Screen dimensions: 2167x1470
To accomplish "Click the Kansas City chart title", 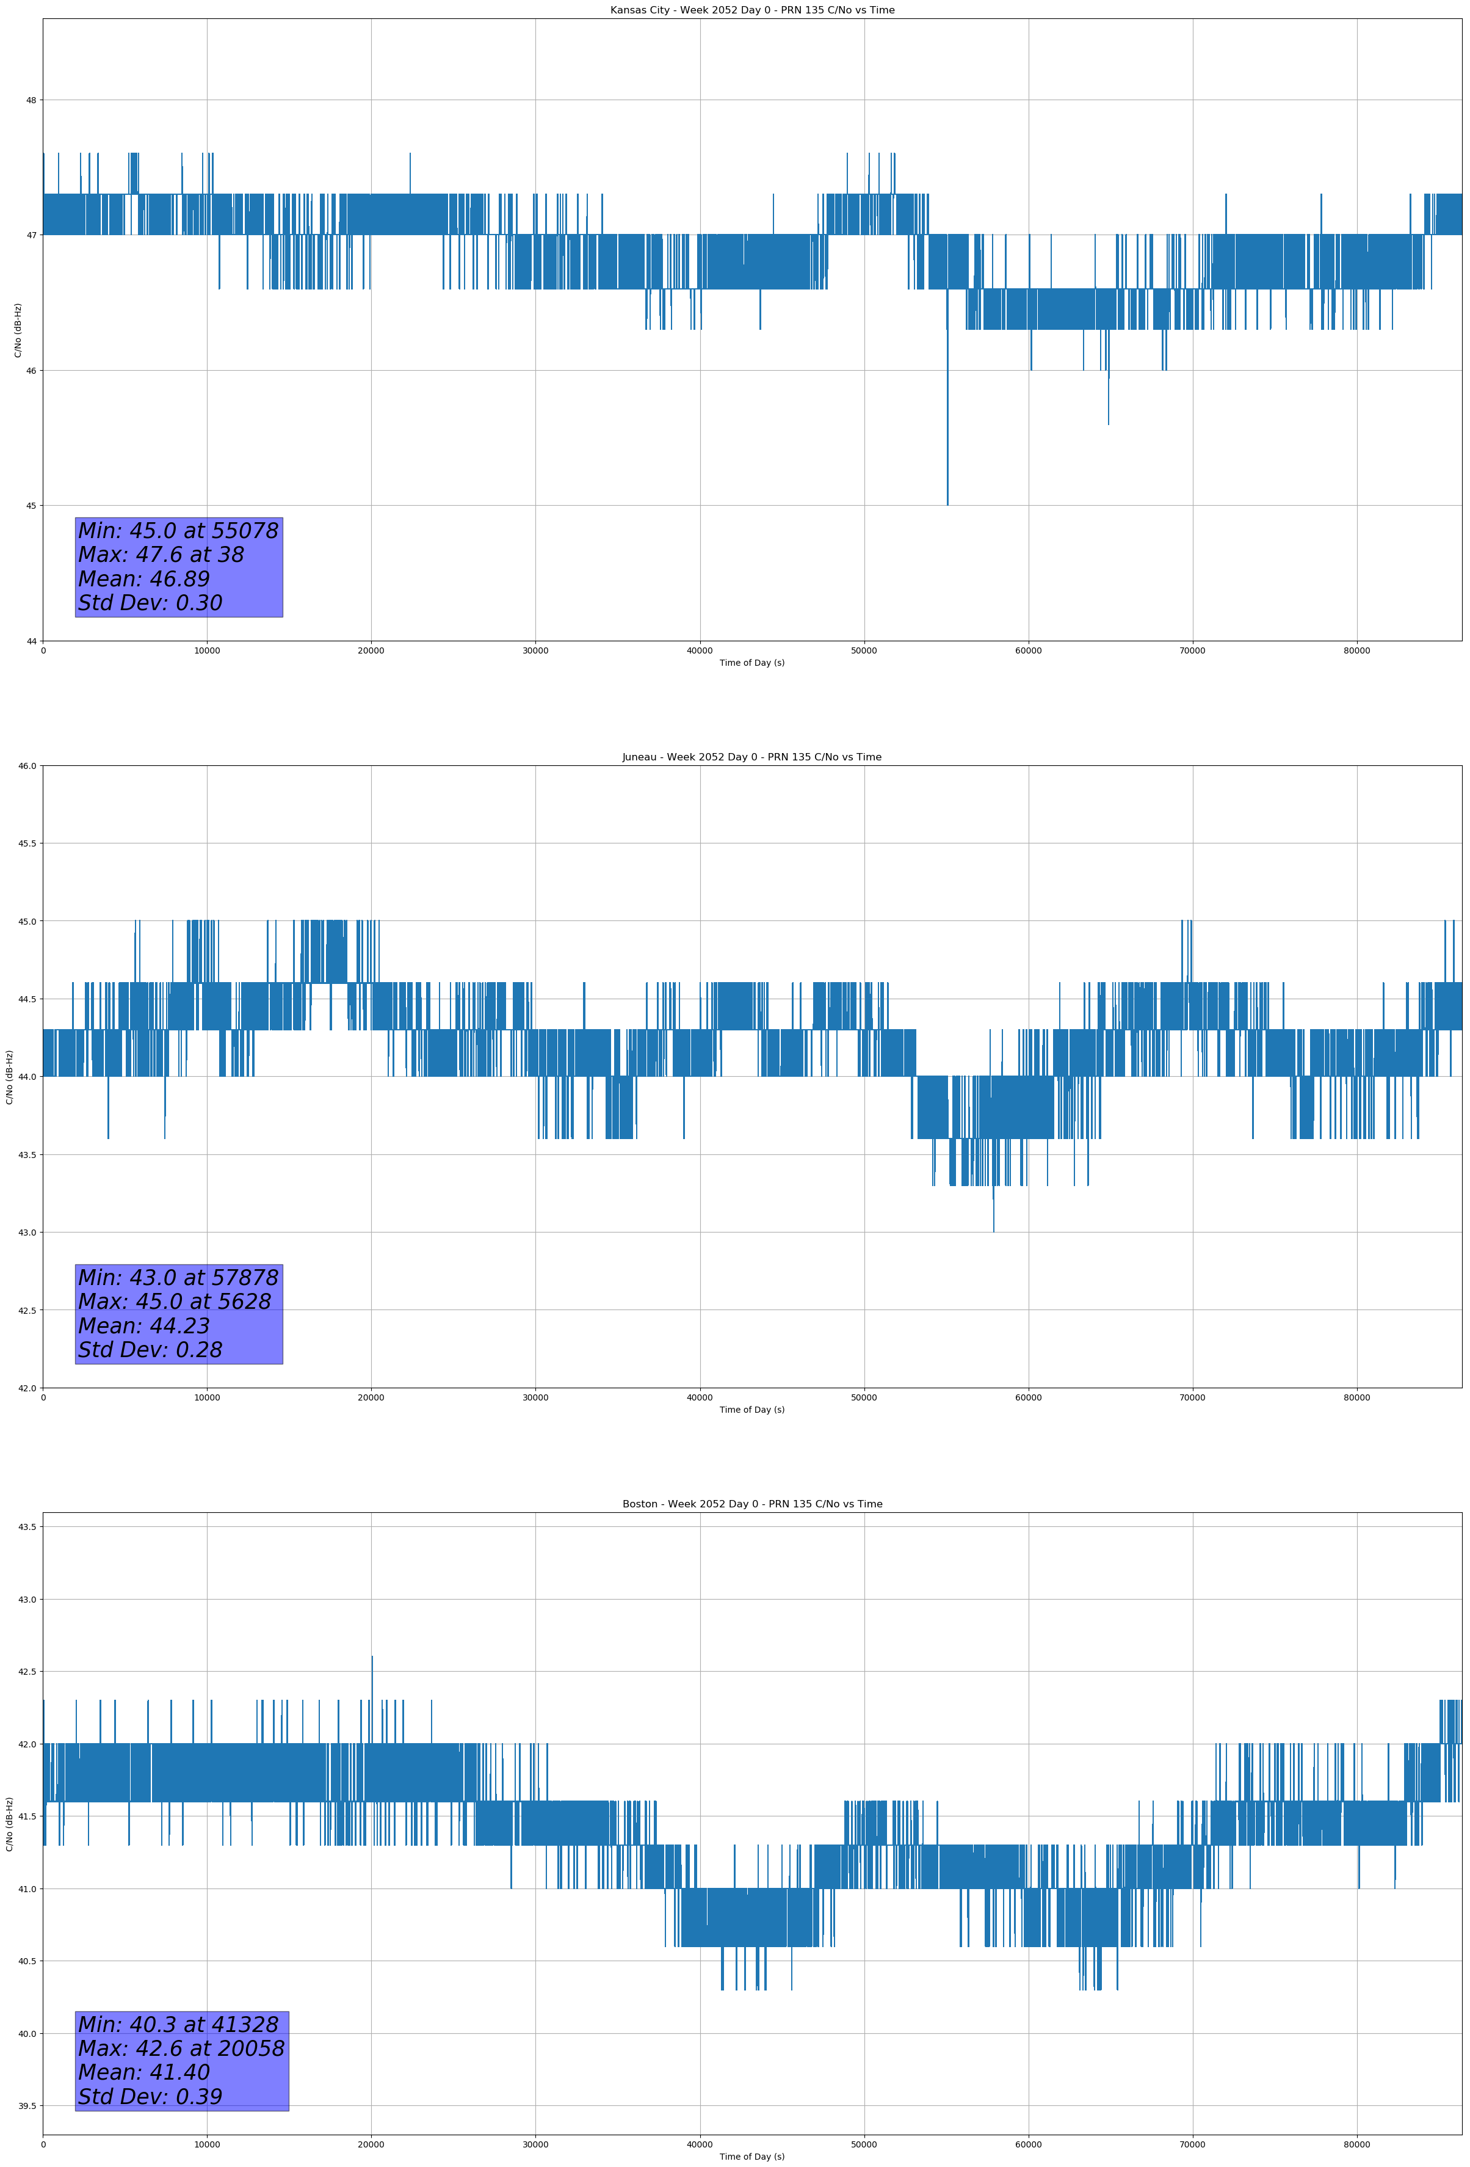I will click(x=751, y=10).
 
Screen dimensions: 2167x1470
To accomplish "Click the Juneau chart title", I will click(x=751, y=757).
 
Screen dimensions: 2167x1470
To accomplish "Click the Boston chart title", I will click(x=751, y=1504).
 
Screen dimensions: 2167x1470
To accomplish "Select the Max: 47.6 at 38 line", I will click(x=161, y=555).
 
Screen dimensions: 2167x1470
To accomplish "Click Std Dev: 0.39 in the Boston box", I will click(x=149, y=2097).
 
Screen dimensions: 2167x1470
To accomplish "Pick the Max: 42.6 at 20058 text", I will click(x=181, y=2049).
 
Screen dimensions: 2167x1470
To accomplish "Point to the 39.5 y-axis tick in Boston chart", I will click(x=27, y=2107).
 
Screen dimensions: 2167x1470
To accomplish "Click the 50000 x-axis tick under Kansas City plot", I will click(x=863, y=651).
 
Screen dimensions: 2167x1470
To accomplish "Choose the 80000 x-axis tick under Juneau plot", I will click(x=1356, y=1397).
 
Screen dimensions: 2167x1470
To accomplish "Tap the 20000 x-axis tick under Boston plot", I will click(x=371, y=2144).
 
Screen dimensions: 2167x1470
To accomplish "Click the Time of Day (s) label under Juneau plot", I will click(x=751, y=1410).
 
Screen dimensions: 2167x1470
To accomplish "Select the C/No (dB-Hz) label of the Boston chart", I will click(x=9, y=1824).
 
